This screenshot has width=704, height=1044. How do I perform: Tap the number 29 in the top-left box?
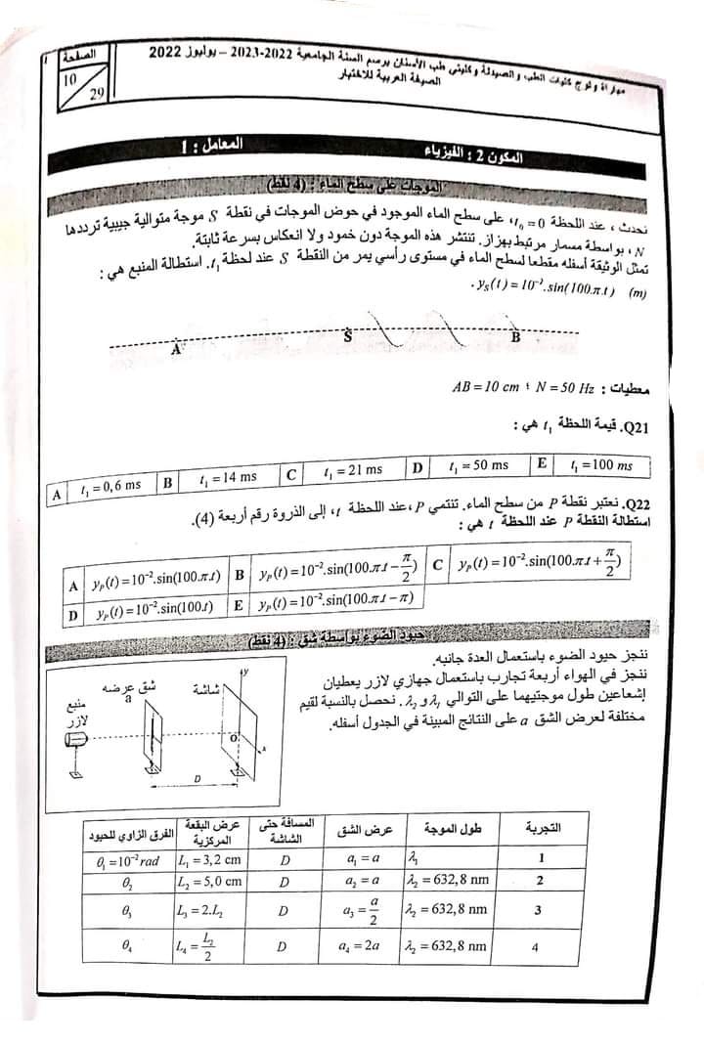click(97, 94)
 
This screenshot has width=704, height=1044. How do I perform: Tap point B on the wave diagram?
click(515, 336)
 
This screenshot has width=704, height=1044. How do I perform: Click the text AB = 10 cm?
click(487, 387)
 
